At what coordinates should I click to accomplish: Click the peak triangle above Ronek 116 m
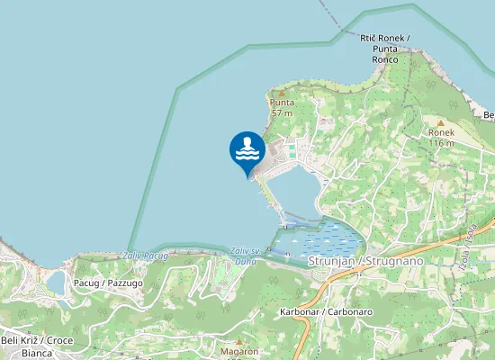(x=441, y=121)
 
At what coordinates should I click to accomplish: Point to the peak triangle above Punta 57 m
(x=282, y=92)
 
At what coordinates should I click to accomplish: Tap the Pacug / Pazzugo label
(x=108, y=283)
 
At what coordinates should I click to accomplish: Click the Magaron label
(x=239, y=352)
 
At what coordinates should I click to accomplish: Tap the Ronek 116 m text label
(x=441, y=137)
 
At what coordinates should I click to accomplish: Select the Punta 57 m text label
(x=283, y=108)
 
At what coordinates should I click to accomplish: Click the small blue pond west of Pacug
(x=56, y=283)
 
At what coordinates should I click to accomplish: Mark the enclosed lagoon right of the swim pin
(x=292, y=191)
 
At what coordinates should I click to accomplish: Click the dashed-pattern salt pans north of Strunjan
(x=319, y=239)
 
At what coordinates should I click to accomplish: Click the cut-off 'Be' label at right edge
(x=489, y=115)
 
